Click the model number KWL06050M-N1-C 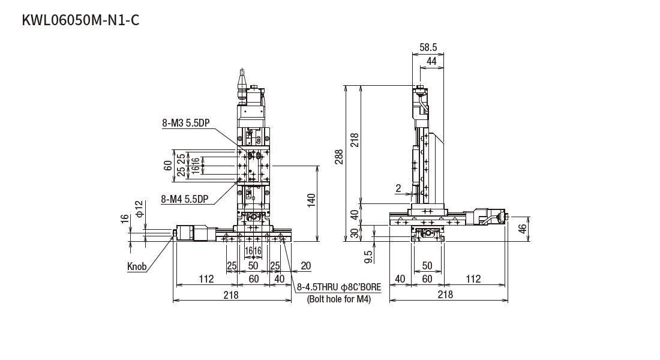tap(80, 20)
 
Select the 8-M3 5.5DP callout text tap(185, 123)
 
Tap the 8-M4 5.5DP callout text tap(185, 199)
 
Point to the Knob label tap(137, 266)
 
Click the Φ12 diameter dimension tap(140, 208)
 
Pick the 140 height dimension tap(311, 201)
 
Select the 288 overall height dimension tap(339, 157)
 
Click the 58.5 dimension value tap(428, 47)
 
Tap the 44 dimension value tap(431, 61)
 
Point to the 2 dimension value tap(398, 188)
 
